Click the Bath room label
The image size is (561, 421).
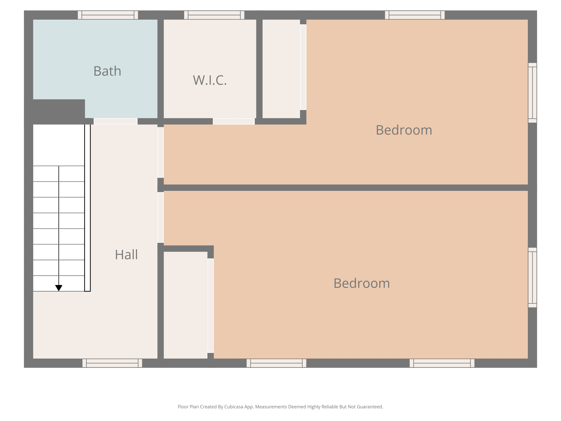107,71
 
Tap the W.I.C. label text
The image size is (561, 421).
210,80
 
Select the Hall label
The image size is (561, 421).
126,255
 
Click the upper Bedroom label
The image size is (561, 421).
403,130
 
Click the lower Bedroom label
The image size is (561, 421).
361,283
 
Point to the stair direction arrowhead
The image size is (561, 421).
59,288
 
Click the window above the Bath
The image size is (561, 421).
108,15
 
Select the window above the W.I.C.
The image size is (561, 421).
214,15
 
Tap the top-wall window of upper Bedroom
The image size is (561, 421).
414,15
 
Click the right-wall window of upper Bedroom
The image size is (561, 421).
532,93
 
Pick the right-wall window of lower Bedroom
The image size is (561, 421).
532,277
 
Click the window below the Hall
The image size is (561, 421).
112,363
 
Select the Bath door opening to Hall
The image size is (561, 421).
115,121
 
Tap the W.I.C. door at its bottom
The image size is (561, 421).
234,121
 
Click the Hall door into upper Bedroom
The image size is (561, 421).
161,152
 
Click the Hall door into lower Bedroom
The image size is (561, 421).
161,217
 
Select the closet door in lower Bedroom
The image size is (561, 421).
210,305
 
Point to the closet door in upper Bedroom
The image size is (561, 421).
303,67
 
